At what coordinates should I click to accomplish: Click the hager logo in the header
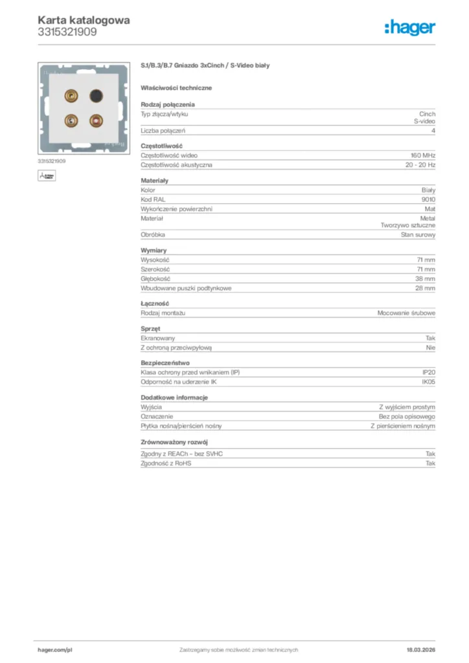(409, 27)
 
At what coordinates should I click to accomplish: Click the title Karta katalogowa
(84, 20)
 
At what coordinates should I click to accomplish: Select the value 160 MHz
(423, 155)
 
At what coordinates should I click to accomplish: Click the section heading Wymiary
(154, 250)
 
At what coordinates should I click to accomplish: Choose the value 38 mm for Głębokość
(425, 278)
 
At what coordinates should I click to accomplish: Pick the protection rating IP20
(429, 372)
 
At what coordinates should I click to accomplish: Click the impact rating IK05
(429, 382)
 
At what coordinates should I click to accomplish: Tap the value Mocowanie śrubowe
(406, 313)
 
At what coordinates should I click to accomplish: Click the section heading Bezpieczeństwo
(165, 363)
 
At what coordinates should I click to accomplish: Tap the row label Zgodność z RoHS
(166, 464)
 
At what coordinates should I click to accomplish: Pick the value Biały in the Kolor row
(428, 190)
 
